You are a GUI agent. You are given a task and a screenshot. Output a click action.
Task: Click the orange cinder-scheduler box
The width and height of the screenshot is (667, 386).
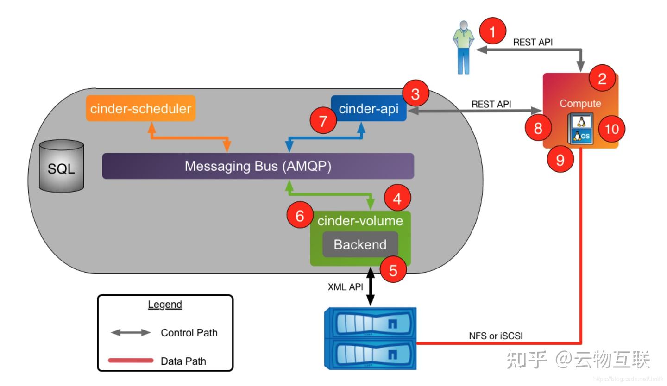pos(141,108)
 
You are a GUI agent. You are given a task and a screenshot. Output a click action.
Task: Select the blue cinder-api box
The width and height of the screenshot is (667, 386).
pos(369,109)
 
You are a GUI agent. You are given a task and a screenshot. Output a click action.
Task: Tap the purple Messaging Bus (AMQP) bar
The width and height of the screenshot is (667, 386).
pos(258,166)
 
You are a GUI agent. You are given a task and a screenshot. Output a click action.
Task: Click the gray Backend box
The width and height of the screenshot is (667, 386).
pos(360,244)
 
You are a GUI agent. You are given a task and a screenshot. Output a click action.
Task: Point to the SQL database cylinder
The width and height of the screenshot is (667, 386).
pos(62,167)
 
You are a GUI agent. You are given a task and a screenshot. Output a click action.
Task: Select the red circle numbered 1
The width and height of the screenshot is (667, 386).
pos(492,32)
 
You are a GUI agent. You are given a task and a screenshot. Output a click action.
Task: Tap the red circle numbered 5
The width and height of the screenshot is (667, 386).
pos(393,270)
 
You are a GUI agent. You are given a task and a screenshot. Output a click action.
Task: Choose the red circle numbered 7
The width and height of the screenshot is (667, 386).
pos(323,121)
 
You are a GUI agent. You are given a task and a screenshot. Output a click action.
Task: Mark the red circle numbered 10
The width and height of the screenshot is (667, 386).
pos(611,129)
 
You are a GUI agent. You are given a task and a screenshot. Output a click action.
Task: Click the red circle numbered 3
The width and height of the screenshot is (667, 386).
pos(415,94)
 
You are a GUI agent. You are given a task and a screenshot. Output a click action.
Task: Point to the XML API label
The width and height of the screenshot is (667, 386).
pos(345,287)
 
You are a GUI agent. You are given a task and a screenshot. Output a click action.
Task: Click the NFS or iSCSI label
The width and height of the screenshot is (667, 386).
pos(496,336)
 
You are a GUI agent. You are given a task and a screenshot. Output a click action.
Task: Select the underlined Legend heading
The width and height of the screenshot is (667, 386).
pos(165,305)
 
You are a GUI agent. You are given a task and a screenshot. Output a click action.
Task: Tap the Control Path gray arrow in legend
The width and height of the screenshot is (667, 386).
pos(131,333)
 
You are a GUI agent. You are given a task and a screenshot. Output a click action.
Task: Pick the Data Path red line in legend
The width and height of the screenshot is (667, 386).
pos(131,361)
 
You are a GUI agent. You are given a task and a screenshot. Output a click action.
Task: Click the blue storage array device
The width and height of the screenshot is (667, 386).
pos(371,339)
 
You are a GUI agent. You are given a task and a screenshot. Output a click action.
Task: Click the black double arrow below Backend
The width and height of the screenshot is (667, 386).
pos(371,286)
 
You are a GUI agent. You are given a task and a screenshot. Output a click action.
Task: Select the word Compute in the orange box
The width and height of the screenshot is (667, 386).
pos(580,104)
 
